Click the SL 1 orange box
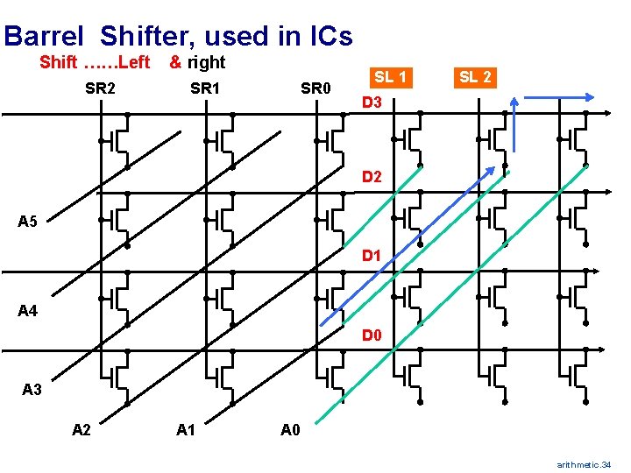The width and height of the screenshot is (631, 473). coord(390,77)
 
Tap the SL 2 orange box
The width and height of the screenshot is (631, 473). coord(474,77)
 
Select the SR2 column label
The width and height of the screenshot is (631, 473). coord(101,88)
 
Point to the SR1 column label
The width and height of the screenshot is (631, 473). coord(205,88)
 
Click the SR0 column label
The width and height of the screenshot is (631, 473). coord(315,88)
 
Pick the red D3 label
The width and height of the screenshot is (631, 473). coord(372,104)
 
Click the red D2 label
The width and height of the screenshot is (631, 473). coord(372,178)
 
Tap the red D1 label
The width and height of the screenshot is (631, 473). coord(372,257)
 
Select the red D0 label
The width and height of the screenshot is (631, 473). coord(372,335)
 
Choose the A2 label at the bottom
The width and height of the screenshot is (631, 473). coord(82,429)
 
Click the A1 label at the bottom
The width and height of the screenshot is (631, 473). coord(186,429)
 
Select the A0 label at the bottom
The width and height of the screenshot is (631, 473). coord(290,429)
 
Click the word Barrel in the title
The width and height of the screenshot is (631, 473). coord(44,36)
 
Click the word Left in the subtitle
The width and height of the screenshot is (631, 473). coord(133,62)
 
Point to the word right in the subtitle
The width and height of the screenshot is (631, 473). coord(206,62)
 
